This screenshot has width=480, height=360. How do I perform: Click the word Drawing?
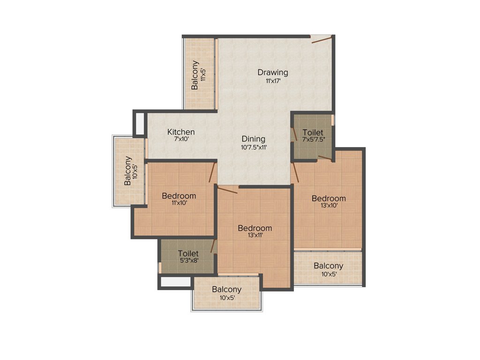point(272,72)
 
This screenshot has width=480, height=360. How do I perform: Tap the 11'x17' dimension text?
point(272,81)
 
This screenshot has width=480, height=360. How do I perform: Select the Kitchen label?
point(181,132)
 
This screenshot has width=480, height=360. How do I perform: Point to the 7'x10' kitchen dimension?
point(181,140)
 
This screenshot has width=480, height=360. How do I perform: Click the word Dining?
point(254,139)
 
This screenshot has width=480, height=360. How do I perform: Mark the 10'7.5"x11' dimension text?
point(254,147)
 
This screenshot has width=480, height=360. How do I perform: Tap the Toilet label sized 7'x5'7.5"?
point(313,133)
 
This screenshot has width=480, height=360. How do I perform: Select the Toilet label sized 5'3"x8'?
point(188,254)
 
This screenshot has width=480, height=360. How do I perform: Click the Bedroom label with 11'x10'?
point(179,195)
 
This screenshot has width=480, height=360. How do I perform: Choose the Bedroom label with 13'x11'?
point(255,228)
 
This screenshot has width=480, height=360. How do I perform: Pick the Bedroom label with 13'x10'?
point(329,198)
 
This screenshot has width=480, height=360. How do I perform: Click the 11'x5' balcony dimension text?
point(203,75)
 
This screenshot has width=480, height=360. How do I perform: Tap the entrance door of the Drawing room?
point(322,39)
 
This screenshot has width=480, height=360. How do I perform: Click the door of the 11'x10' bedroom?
point(212,172)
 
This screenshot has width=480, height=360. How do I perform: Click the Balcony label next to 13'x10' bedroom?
point(328,266)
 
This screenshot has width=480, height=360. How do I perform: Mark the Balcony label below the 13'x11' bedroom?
point(226,289)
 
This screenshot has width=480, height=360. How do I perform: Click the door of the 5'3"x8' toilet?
point(213,246)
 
